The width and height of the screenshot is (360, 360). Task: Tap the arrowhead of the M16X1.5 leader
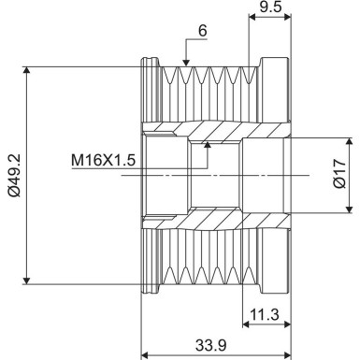tap(209, 144)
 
